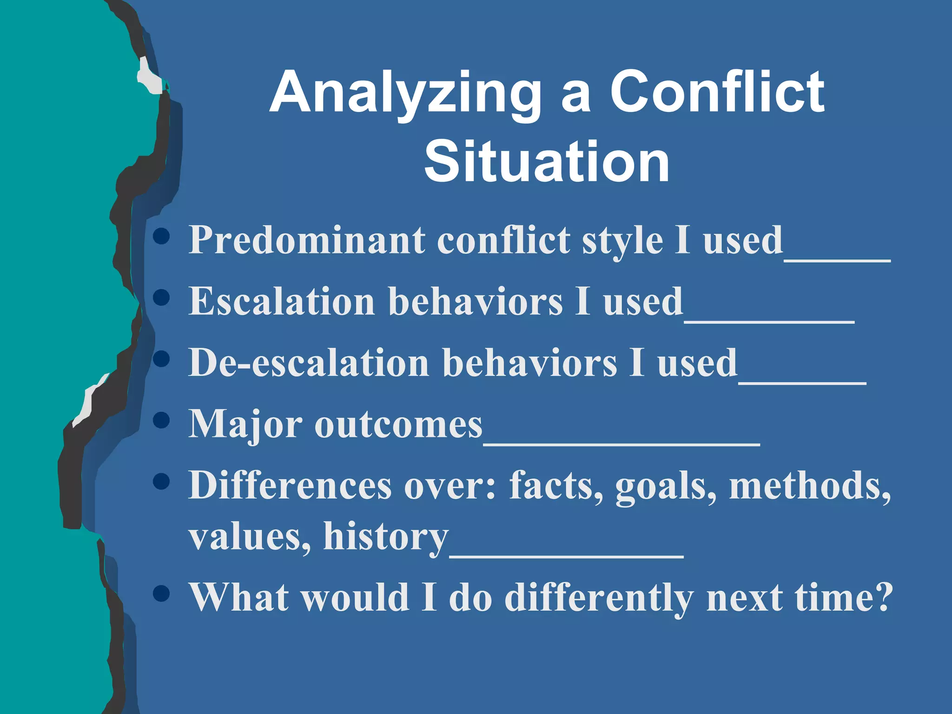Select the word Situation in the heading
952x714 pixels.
547,162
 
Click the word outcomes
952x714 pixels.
398,425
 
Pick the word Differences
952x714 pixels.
290,485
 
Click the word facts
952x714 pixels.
556,485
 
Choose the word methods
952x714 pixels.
809,485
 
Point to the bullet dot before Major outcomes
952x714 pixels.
161,420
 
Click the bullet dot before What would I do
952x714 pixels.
161,593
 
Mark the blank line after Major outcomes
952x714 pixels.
621,444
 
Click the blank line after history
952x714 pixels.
566,556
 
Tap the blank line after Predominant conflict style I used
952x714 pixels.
837,260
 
